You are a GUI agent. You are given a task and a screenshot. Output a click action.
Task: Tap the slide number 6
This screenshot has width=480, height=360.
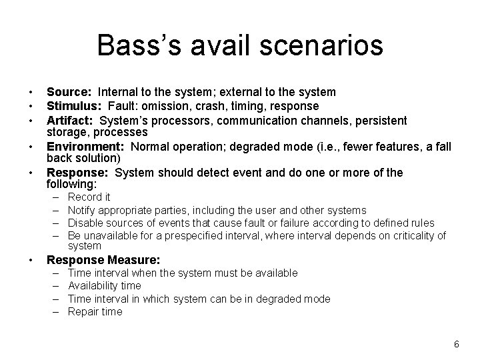click(456, 344)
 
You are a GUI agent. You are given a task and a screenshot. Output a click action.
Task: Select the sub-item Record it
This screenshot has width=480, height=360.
click(89, 197)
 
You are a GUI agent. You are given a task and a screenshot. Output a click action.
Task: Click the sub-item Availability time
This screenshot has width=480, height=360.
click(105, 286)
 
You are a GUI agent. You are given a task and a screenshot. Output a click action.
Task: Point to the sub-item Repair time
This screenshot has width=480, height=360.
click(95, 311)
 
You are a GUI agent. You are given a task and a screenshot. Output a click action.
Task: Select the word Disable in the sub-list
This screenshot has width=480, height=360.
click(85, 223)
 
